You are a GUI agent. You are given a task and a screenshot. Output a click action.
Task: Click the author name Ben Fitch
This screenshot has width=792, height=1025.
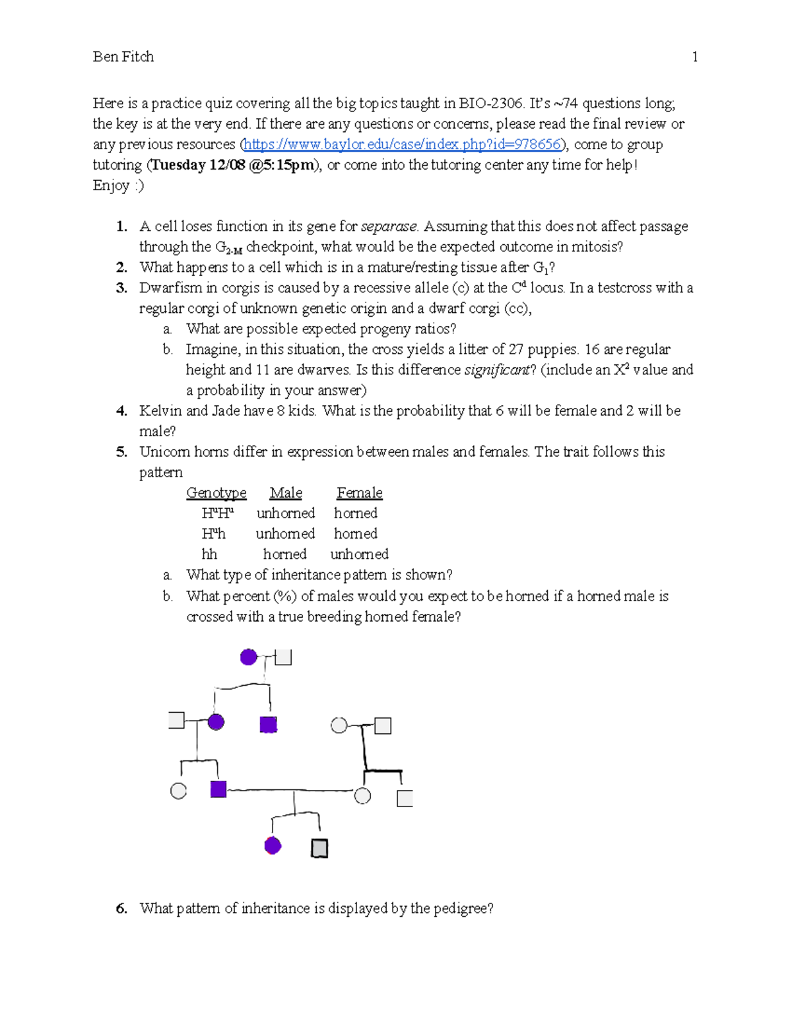click(123, 57)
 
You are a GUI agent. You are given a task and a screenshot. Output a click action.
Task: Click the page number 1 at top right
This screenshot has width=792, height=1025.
click(694, 57)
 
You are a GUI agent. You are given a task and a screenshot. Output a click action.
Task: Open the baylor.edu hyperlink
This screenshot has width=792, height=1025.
click(403, 144)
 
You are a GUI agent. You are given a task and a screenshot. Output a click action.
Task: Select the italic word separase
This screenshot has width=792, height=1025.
click(389, 226)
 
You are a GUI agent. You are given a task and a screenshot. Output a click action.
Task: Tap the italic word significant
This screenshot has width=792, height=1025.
click(497, 370)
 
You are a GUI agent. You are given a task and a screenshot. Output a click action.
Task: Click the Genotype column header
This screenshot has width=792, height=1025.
click(216, 492)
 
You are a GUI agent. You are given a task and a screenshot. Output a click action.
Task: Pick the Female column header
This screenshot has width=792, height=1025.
click(359, 492)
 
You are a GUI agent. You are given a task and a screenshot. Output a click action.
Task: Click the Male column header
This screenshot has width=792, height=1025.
click(286, 492)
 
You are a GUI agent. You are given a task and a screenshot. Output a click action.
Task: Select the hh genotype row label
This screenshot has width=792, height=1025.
click(209, 554)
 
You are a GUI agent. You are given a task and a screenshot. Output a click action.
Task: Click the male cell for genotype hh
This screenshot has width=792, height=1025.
click(284, 554)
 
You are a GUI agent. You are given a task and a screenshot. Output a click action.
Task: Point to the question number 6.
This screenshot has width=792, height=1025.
click(121, 908)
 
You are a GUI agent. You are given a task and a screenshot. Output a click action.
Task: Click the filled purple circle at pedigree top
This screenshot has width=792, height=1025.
click(248, 657)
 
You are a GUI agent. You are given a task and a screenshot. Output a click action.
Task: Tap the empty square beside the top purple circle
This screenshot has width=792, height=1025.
click(283, 657)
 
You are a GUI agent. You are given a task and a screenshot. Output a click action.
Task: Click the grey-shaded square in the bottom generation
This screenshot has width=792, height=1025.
click(319, 848)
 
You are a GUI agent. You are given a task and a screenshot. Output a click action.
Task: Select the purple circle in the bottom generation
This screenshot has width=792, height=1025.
click(273, 845)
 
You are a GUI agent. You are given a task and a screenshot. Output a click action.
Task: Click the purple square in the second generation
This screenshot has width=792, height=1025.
click(268, 725)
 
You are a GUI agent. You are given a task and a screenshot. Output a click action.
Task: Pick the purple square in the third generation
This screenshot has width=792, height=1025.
click(218, 789)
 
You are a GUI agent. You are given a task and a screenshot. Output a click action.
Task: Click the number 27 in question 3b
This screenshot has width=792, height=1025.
click(515, 349)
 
